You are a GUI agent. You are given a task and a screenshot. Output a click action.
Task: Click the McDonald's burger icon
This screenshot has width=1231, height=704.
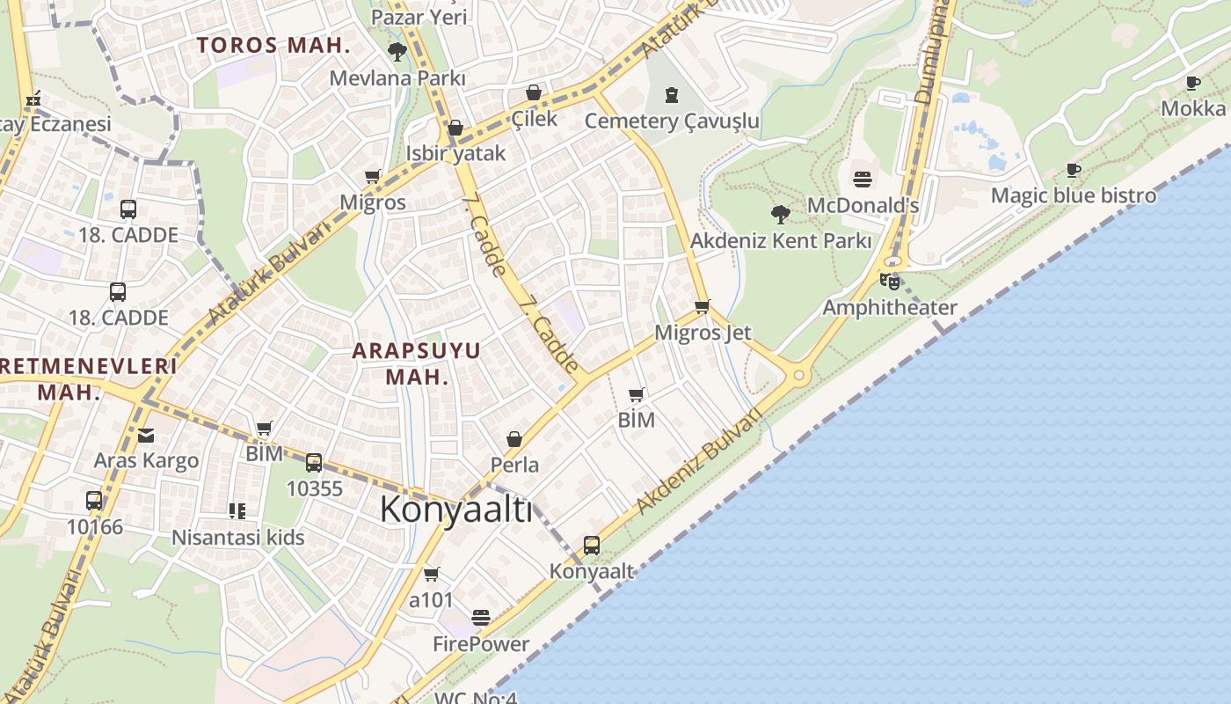click(863, 180)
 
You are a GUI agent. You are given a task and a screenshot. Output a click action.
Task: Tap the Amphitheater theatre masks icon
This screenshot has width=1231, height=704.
click(890, 282)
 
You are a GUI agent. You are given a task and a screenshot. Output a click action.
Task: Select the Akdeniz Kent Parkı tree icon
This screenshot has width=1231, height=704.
click(780, 214)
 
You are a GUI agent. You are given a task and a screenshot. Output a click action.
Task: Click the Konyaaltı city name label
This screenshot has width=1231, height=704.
click(456, 510)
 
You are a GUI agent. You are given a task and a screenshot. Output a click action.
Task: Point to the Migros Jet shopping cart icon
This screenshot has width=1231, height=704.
click(702, 307)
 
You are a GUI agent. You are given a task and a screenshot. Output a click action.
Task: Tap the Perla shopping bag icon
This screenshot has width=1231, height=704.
click(514, 438)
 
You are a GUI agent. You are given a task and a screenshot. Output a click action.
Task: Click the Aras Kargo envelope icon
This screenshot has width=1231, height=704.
click(146, 435)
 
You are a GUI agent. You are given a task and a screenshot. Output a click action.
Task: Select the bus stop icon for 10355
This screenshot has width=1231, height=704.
click(314, 463)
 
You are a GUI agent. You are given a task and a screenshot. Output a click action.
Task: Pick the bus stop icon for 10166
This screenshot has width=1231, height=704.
click(94, 501)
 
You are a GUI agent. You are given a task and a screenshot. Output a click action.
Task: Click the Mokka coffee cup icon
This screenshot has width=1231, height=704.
click(1193, 83)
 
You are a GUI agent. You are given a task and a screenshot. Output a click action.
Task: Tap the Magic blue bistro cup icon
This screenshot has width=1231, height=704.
click(1073, 170)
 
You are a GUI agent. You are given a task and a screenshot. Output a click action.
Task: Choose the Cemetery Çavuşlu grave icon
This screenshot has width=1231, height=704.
click(672, 95)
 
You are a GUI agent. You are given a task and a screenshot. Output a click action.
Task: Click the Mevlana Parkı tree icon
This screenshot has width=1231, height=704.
click(397, 52)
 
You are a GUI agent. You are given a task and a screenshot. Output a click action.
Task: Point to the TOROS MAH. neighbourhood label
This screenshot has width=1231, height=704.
click(273, 46)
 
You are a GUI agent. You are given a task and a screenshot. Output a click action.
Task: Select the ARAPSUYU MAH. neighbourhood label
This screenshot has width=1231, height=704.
click(417, 363)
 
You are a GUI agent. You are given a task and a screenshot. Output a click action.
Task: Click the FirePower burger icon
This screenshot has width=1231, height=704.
click(480, 618)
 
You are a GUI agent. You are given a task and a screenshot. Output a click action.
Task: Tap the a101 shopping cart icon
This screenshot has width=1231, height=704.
click(431, 575)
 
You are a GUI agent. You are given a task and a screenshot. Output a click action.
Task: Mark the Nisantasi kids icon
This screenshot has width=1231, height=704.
click(237, 510)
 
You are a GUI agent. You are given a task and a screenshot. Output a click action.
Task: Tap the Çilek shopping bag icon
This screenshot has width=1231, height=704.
click(534, 92)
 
